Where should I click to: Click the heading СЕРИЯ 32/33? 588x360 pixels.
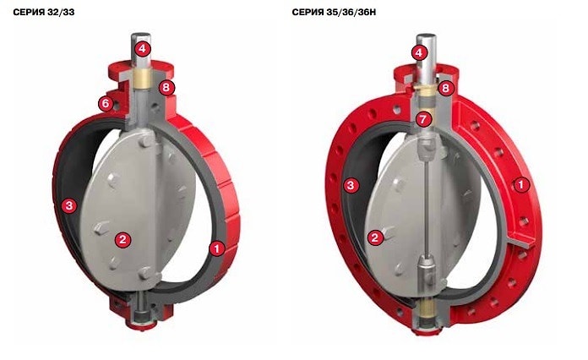(x=44, y=13)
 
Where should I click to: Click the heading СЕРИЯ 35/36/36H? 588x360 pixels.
(x=334, y=13)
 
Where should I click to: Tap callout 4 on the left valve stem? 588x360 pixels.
(x=143, y=48)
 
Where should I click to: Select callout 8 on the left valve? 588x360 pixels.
(x=166, y=88)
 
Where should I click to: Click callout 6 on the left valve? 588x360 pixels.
(x=106, y=103)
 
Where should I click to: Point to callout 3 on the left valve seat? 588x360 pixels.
(x=69, y=205)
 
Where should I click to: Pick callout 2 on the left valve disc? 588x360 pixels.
(x=123, y=239)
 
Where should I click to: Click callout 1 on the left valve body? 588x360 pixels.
(x=217, y=248)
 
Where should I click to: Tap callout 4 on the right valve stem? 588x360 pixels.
(x=419, y=52)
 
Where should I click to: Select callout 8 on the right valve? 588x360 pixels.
(x=445, y=88)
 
